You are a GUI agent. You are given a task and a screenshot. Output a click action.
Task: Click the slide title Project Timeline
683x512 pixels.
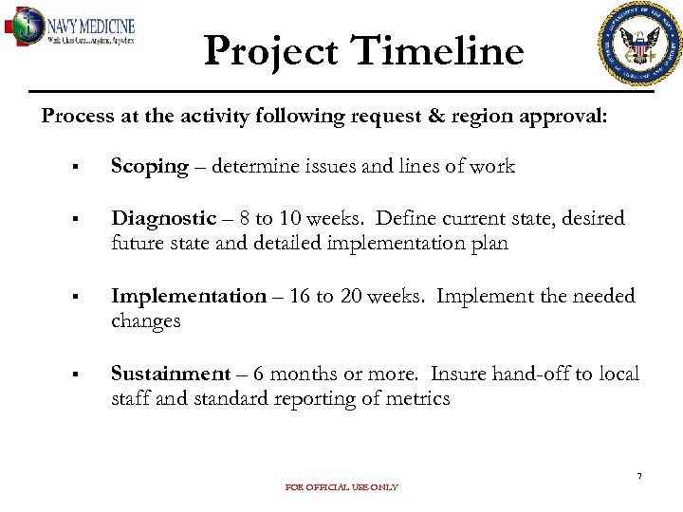click(363, 50)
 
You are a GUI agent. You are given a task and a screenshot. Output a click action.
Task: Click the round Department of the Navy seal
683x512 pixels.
click(640, 44)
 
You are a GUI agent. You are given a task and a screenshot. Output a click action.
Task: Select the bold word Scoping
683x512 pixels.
click(150, 167)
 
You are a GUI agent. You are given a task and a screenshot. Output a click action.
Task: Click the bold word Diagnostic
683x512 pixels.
click(163, 219)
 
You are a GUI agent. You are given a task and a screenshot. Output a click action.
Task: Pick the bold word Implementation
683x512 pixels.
click(189, 297)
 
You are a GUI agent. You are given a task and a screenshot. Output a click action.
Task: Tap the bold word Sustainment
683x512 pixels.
click(171, 375)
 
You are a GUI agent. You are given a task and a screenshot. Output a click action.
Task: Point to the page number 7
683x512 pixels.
click(639, 475)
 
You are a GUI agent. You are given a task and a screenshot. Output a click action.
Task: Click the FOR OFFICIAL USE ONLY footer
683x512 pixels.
click(341, 487)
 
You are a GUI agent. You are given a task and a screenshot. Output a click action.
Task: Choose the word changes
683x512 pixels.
click(145, 321)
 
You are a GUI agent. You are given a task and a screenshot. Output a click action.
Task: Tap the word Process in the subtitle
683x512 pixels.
click(77, 117)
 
